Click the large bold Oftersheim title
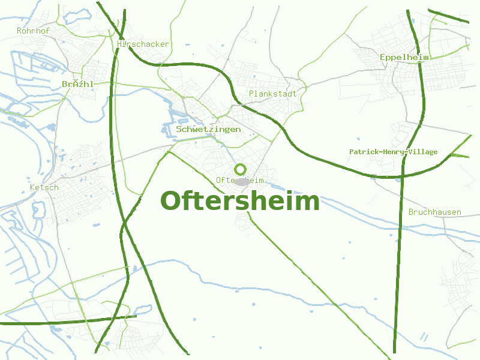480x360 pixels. (x=240, y=202)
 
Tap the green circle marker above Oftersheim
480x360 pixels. (x=241, y=169)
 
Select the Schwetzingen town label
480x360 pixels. (x=209, y=129)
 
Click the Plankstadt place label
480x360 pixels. (x=273, y=94)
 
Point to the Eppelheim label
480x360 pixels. (x=404, y=57)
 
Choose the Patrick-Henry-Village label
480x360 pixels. (x=394, y=152)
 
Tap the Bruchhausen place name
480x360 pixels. (x=435, y=212)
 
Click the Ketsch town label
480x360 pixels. (x=44, y=187)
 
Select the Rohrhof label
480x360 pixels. (x=34, y=31)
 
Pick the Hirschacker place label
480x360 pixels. (x=144, y=44)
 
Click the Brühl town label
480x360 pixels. (x=78, y=84)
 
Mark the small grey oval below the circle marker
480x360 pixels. (x=241, y=181)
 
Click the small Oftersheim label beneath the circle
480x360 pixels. (x=239, y=180)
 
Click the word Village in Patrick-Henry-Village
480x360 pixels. (x=422, y=152)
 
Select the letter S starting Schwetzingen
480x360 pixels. (x=179, y=129)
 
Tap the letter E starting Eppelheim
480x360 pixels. (x=383, y=57)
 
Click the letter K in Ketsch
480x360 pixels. (x=32, y=187)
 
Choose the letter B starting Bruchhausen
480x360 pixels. (x=412, y=212)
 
